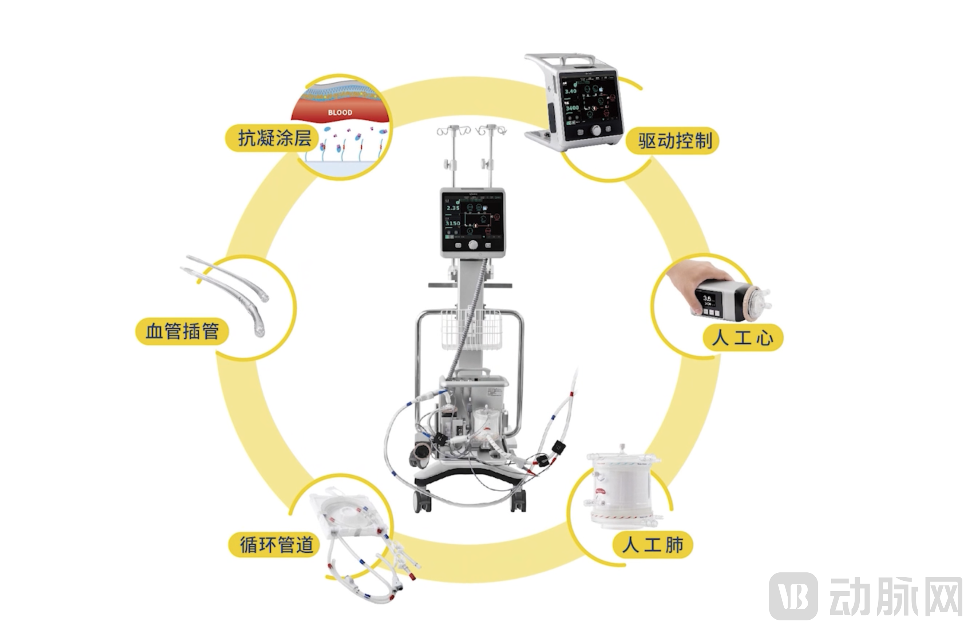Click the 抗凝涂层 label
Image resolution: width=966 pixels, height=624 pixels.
click(274, 139)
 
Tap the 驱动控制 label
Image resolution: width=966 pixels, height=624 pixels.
click(674, 141)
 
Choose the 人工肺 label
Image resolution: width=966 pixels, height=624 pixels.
click(652, 545)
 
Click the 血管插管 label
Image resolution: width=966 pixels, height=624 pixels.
click(182, 331)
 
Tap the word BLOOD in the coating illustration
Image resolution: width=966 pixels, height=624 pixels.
click(340, 112)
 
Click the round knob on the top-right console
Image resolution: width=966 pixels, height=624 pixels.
click(597, 131)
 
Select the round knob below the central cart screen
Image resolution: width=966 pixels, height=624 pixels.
click(473, 245)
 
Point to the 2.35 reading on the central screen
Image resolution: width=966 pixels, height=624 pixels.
click(453, 208)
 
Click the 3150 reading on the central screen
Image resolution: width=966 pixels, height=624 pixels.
click(452, 223)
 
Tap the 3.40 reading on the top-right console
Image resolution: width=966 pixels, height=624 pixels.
click(570, 91)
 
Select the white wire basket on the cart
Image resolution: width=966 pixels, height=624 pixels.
click(470, 329)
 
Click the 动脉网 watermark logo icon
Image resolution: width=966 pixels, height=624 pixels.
click(793, 596)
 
